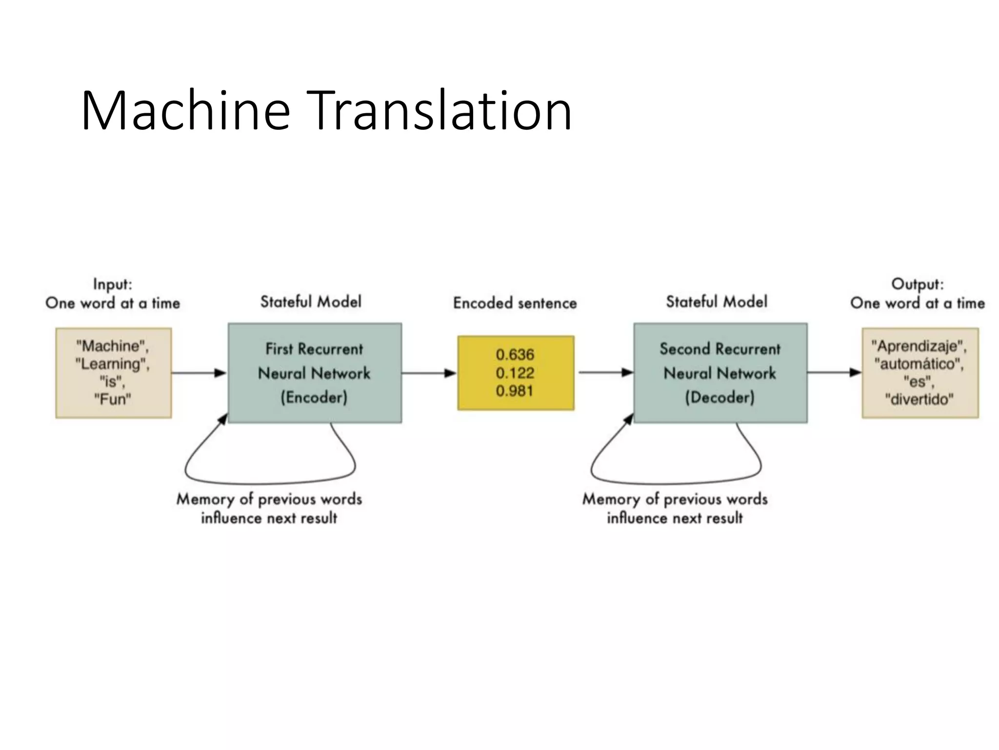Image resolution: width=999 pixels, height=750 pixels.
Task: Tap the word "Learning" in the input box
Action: click(x=113, y=364)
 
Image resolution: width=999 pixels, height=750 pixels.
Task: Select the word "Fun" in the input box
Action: click(x=113, y=399)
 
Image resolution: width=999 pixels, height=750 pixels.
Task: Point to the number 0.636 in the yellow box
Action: click(x=515, y=354)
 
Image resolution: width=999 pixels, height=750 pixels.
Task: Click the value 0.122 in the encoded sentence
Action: click(x=515, y=373)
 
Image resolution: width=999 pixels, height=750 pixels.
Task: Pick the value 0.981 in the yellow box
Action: click(x=515, y=391)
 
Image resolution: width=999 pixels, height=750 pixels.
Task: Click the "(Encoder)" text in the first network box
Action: click(x=314, y=397)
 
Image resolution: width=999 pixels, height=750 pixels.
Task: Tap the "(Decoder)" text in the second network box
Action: click(x=720, y=397)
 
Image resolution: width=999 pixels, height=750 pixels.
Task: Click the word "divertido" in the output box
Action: click(x=919, y=399)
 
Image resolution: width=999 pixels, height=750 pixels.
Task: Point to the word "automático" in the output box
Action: click(x=919, y=364)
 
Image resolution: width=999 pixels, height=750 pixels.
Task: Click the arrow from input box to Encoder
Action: click(x=199, y=373)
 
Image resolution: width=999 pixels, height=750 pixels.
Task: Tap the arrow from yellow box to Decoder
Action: click(x=605, y=373)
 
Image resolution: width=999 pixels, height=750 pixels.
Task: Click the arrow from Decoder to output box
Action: click(x=834, y=373)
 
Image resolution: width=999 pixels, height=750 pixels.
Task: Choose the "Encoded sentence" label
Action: click(x=515, y=303)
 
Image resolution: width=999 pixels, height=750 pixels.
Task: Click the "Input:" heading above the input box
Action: click(x=113, y=284)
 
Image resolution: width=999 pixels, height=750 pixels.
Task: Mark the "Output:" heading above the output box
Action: click(x=918, y=284)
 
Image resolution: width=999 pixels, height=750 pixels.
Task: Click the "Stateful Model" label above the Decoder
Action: click(x=717, y=302)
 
